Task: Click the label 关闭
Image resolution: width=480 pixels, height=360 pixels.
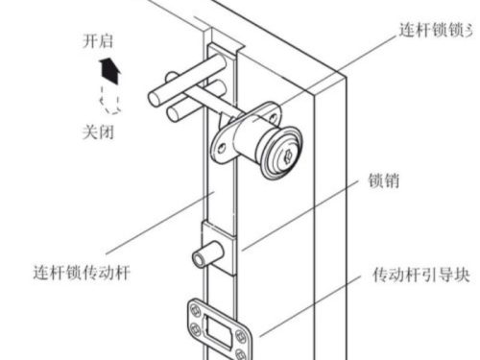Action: click(x=99, y=132)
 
